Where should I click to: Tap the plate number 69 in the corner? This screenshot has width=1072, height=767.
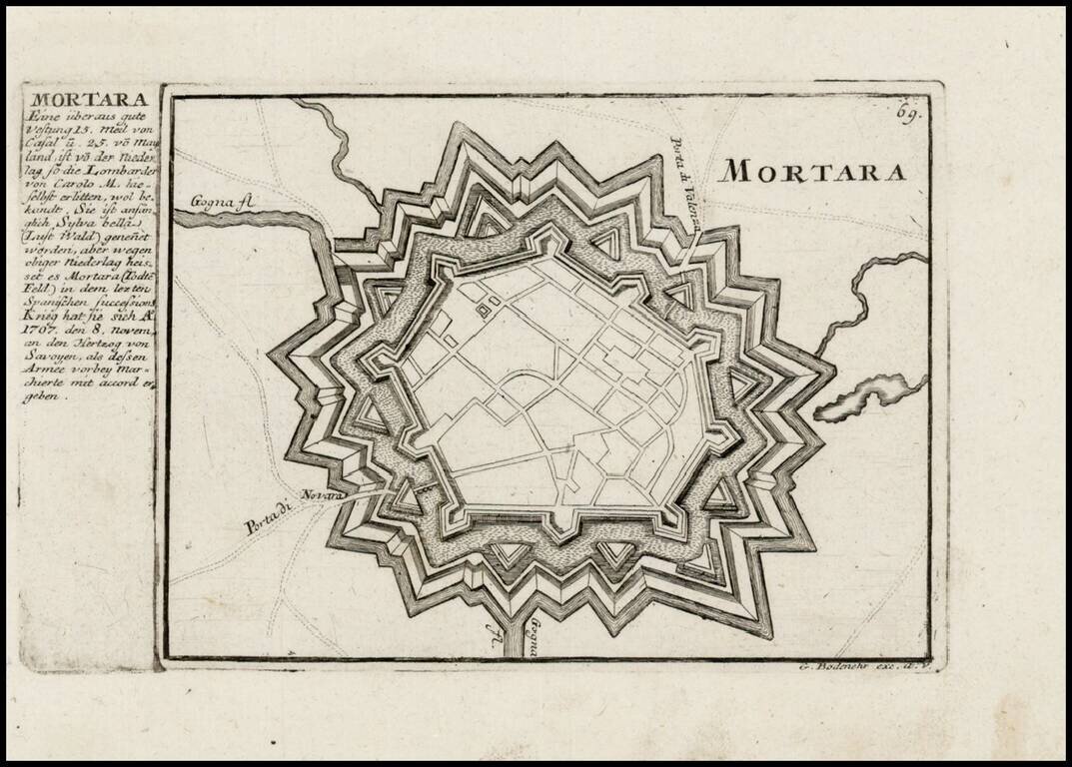tap(907, 113)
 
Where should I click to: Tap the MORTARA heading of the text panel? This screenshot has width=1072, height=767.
tap(90, 99)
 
